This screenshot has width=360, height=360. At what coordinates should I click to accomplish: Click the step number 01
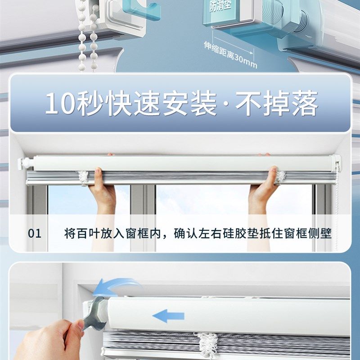coord(34,234)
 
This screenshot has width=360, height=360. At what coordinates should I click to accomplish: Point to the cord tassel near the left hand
coord(83,176)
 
